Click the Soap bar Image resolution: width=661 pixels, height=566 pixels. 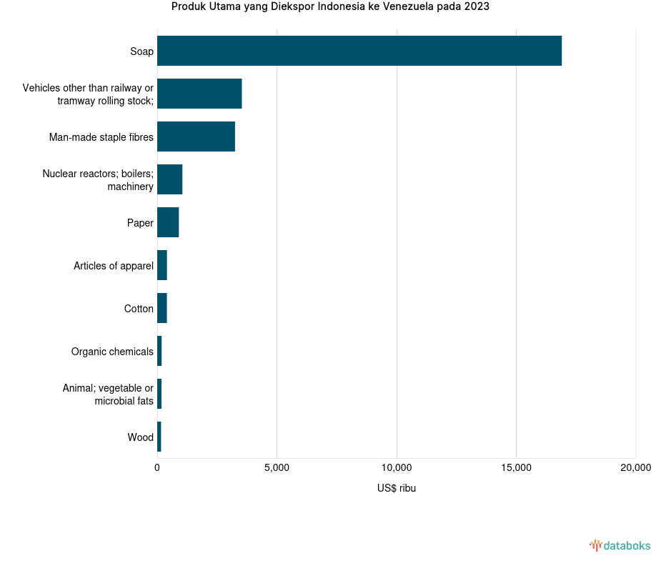pyautogui.click(x=359, y=51)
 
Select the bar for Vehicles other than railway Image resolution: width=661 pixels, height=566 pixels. pyautogui.click(x=199, y=94)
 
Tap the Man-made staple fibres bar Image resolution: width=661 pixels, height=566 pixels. pyautogui.click(x=196, y=136)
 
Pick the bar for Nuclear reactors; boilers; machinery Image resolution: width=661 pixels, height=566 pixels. pyautogui.click(x=169, y=179)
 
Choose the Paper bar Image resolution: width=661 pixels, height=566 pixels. pyautogui.click(x=168, y=222)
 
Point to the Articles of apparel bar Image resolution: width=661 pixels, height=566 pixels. pyautogui.click(x=162, y=265)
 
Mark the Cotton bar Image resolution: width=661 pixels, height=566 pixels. pyautogui.click(x=162, y=308)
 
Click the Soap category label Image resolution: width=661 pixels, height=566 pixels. pyautogui.click(x=141, y=51)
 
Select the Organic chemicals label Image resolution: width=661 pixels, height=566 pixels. pyautogui.click(x=112, y=352)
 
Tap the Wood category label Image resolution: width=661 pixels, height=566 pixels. pyautogui.click(x=141, y=437)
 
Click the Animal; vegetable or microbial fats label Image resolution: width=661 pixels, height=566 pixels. pyautogui.click(x=108, y=394)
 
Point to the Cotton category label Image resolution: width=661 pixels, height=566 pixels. pyautogui.click(x=139, y=309)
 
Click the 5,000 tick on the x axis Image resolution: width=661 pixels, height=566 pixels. pyautogui.click(x=277, y=468)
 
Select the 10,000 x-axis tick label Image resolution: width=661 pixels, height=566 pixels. pyautogui.click(x=397, y=468)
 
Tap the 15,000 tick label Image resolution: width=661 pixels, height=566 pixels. pyautogui.click(x=516, y=468)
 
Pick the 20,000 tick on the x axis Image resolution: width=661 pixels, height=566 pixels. pyautogui.click(x=635, y=468)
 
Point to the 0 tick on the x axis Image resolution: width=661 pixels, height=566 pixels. pyautogui.click(x=157, y=468)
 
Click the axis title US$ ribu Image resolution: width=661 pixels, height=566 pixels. pyautogui.click(x=397, y=489)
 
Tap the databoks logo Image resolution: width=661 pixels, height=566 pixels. pyautogui.click(x=620, y=546)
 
